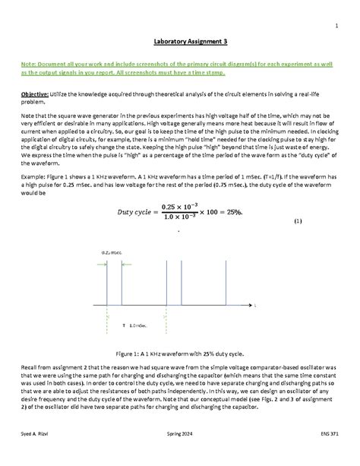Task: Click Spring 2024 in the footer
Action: [179, 454]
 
